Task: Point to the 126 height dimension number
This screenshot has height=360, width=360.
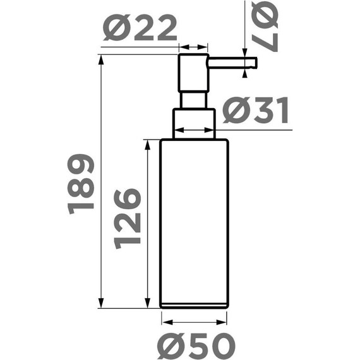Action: point(127,219)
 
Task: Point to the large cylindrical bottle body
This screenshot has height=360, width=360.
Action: point(194,224)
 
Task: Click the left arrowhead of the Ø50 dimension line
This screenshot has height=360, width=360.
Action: point(164,321)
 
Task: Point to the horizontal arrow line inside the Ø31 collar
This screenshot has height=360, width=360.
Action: point(195,131)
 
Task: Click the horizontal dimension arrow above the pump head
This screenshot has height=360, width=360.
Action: point(194,47)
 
